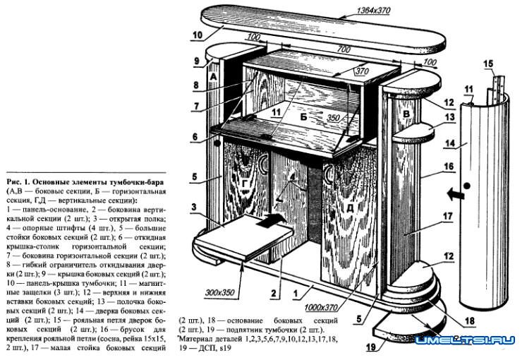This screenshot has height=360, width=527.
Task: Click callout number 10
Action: tap(196, 34)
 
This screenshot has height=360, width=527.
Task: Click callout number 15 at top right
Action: tap(488, 64)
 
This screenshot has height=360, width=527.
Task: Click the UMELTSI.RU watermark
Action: tap(464, 340)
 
